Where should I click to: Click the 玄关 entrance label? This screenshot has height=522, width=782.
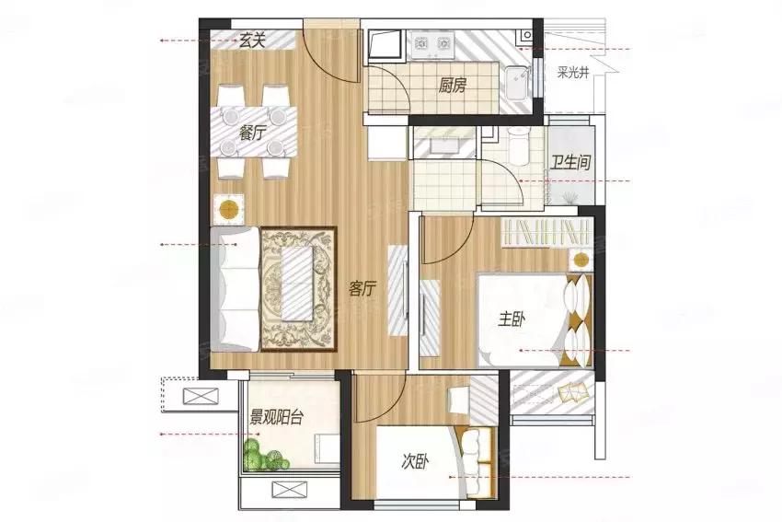click(251, 41)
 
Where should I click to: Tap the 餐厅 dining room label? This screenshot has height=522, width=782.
click(252, 133)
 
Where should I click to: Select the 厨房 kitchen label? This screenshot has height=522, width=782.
click(452, 87)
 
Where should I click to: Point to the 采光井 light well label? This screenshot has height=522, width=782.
click(573, 74)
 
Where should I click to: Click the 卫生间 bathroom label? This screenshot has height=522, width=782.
click(570, 162)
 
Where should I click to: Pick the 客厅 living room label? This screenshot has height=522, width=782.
click(362, 288)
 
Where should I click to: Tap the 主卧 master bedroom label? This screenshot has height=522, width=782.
click(512, 319)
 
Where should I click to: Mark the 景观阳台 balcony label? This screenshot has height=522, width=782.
click(276, 417)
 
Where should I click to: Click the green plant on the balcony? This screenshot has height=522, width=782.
click(265, 455)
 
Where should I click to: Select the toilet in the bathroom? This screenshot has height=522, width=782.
click(519, 144)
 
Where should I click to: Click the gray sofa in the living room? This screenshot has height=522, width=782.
click(235, 289)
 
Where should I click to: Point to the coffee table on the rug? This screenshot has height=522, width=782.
click(298, 284)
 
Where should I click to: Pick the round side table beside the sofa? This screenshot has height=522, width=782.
click(229, 209)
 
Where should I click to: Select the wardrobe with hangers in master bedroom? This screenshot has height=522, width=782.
click(546, 233)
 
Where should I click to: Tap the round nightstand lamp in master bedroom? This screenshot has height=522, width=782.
click(581, 260)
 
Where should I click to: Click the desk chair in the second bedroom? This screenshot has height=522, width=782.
click(459, 400)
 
